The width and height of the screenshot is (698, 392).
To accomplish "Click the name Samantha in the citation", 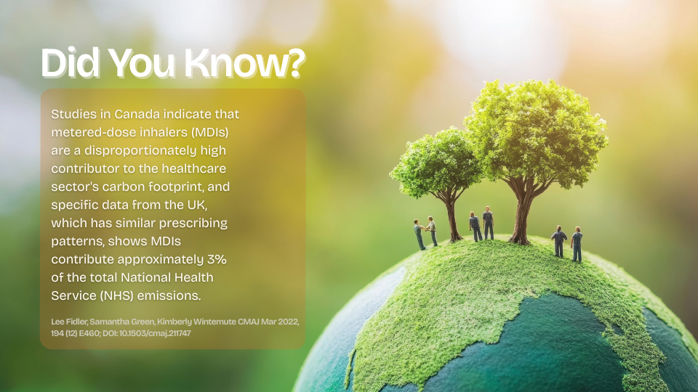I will coord(103,321).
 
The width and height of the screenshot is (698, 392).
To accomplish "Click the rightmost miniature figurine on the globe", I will coord(577,244).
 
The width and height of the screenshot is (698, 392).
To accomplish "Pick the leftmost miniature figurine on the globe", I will coord(419,234).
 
